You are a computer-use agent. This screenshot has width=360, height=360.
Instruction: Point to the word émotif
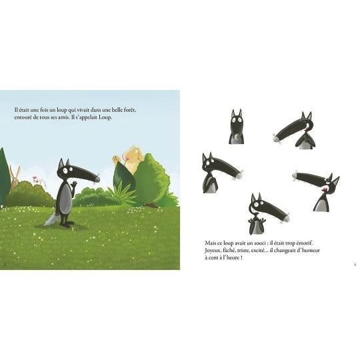(x=304, y=243)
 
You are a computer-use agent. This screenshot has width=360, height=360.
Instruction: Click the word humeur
(x=310, y=250)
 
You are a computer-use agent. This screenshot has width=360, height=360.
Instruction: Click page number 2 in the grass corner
(x=5, y=264)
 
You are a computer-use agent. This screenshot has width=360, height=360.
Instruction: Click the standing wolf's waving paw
(x=74, y=185)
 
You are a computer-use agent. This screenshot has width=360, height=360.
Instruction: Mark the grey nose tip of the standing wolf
(x=97, y=179)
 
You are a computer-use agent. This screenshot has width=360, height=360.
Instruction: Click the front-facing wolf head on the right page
(x=236, y=127)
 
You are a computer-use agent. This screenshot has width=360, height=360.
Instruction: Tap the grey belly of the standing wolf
(x=65, y=197)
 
